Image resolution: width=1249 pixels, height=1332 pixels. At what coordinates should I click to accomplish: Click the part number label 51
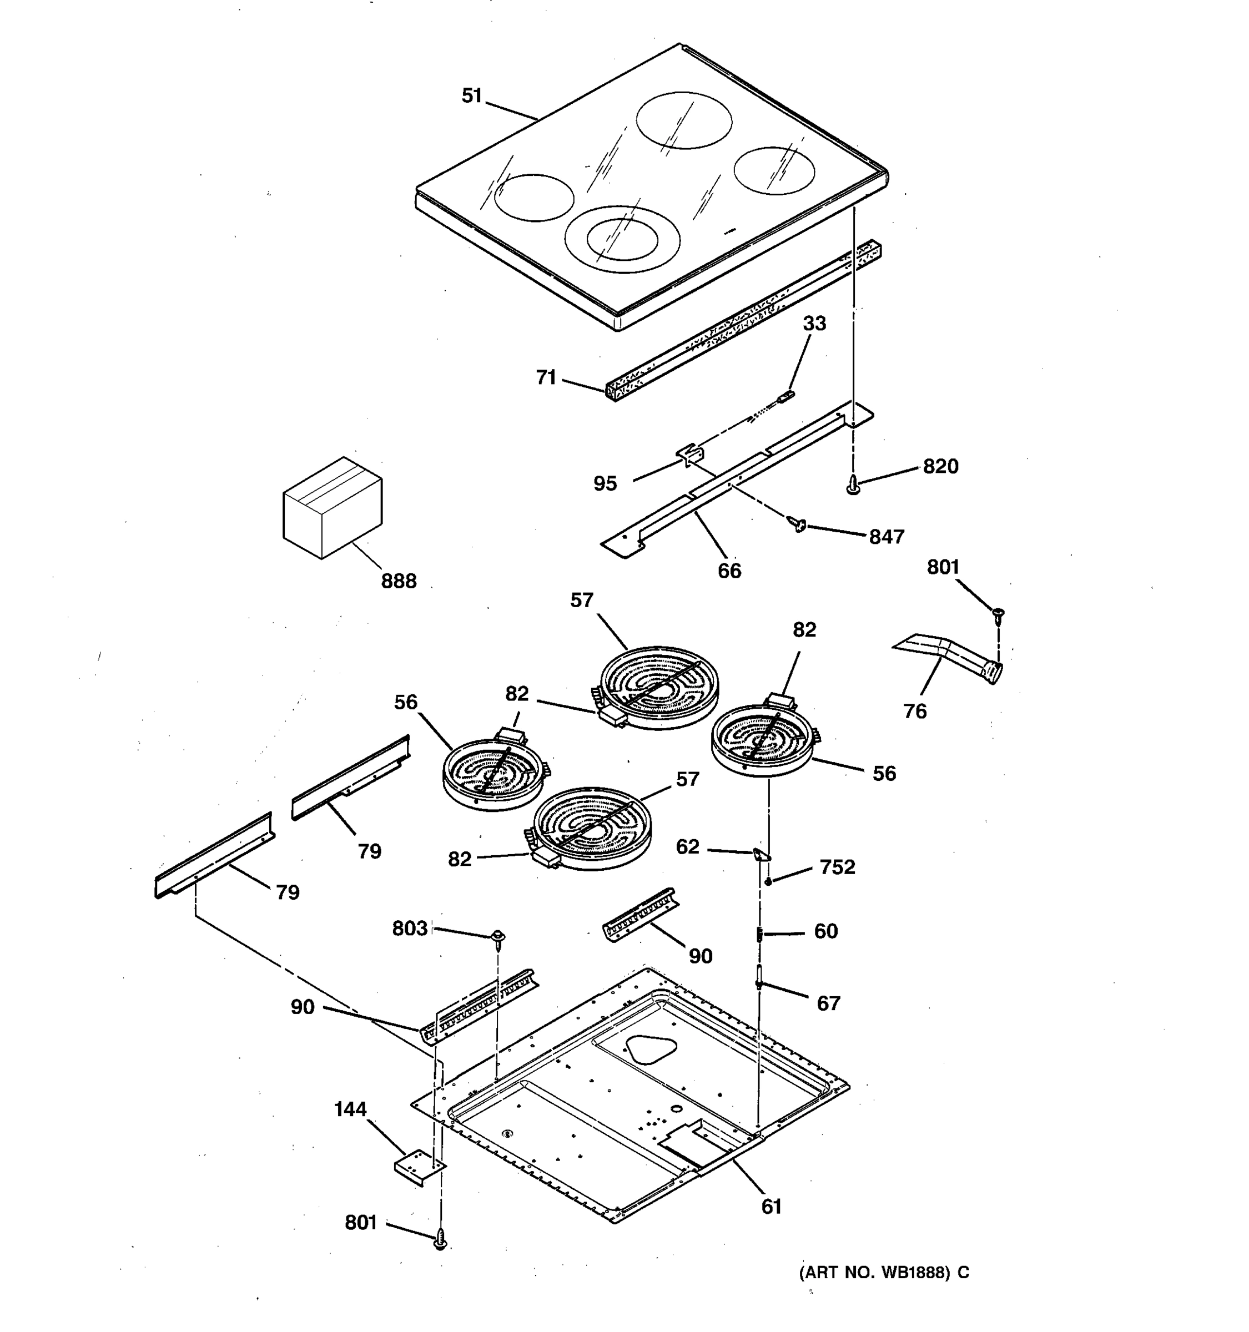tap(472, 97)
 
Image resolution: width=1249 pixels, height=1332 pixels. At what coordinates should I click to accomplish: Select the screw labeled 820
tap(853, 485)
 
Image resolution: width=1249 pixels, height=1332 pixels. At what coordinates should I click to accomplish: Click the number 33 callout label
tap(814, 324)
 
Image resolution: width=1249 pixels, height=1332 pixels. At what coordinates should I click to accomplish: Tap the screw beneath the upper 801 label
tap(999, 614)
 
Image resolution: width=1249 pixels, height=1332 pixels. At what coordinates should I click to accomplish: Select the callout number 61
tap(771, 1207)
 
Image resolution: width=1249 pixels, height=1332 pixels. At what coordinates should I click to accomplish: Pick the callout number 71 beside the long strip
tap(546, 378)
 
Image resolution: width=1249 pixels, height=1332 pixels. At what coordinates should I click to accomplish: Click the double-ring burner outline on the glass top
tap(622, 239)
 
